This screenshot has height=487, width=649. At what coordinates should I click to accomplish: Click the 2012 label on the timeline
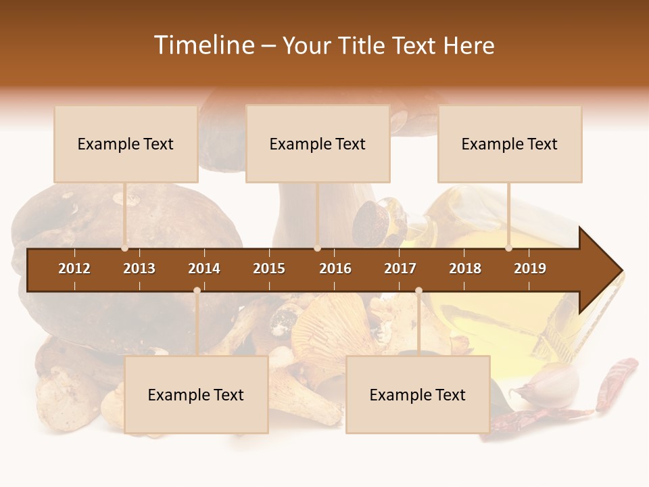coord(74,269)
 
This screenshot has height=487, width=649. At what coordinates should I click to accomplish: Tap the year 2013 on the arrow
coord(139,269)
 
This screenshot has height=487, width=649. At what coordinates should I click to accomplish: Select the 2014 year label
coord(204,269)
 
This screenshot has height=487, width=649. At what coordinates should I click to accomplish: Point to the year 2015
coord(269,269)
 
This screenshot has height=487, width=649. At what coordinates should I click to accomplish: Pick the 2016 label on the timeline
coord(335,269)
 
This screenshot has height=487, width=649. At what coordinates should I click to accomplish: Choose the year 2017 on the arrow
coord(400,269)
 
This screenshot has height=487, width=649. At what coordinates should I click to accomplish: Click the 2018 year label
coord(465,269)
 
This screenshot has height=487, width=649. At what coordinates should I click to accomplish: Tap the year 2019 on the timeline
coord(530,269)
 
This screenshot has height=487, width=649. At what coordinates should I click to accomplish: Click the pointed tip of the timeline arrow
coord(621,270)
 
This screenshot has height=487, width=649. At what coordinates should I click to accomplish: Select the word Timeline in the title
coord(203,45)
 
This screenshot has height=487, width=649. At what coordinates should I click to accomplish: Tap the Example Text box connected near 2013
coord(126,144)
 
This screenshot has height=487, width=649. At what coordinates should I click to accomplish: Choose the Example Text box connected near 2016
coord(318,144)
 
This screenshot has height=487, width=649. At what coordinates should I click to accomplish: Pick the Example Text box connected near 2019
coord(510,144)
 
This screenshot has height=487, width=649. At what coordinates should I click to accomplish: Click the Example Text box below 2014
coord(196,394)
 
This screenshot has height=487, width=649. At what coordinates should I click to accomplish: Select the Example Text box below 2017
coord(418,394)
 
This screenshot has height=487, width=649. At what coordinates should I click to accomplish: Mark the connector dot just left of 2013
coord(125,248)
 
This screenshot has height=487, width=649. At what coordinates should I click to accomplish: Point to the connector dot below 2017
coord(418,290)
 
